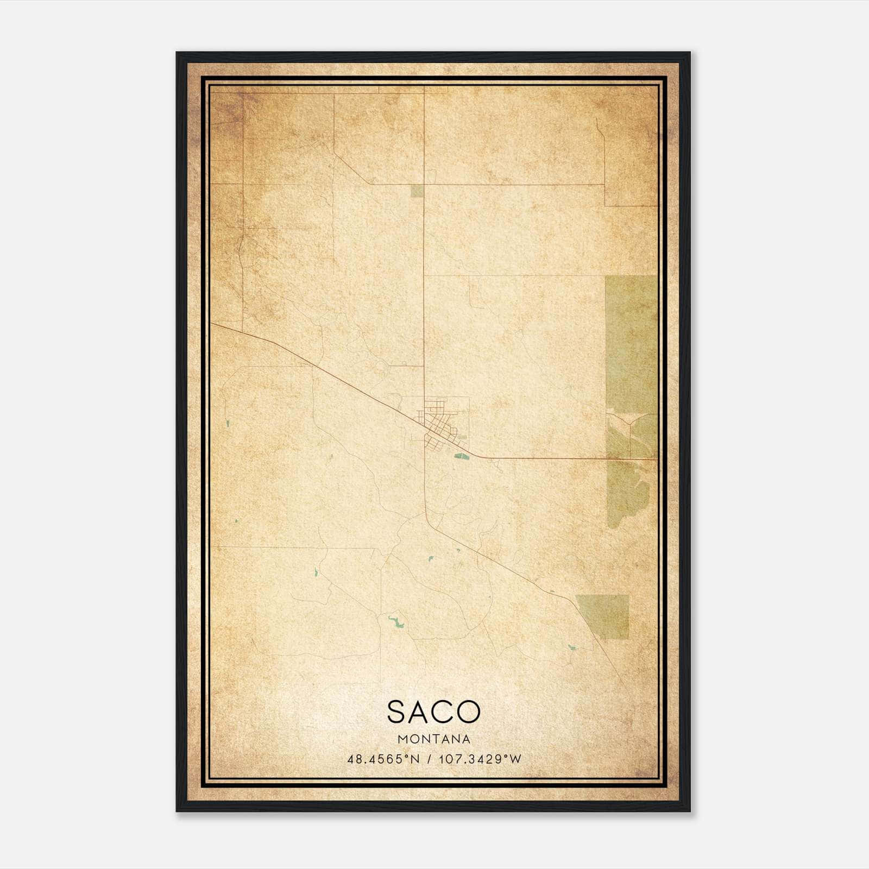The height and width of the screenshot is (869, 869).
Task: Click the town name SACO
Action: tap(434, 711)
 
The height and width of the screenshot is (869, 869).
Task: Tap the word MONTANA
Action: tap(434, 739)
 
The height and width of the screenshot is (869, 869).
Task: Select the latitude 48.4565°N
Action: tap(383, 759)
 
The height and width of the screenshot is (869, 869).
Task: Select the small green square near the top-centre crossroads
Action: tap(417, 190)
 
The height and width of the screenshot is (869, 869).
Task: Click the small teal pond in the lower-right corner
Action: tap(571, 647)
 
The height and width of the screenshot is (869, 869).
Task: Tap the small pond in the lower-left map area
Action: tap(316, 572)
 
